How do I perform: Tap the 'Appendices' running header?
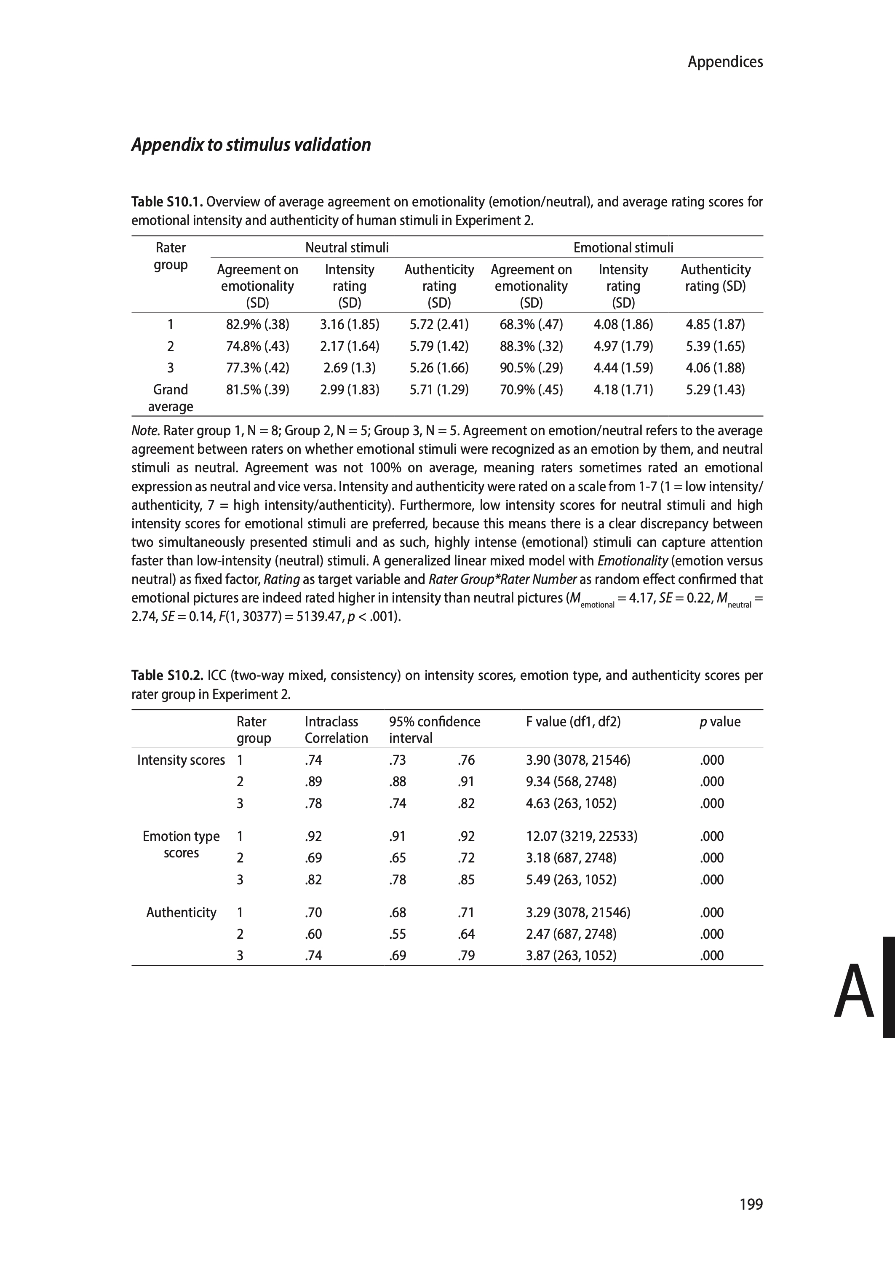pos(725,62)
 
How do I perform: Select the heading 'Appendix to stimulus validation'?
pos(251,145)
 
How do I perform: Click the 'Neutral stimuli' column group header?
pos(347,248)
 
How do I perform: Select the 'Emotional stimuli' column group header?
pos(623,248)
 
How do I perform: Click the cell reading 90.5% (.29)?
pos(531,368)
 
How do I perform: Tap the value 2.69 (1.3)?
pos(350,368)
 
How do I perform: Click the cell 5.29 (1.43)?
pos(715,390)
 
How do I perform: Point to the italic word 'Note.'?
pos(145,431)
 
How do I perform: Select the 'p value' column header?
pos(720,722)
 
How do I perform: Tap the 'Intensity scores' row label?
pos(181,760)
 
